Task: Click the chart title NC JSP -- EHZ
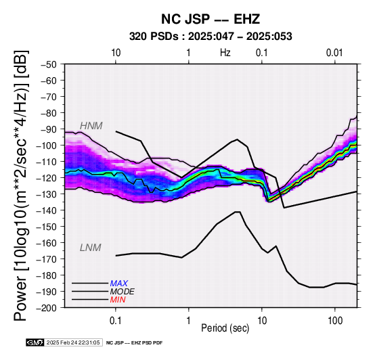[211, 19]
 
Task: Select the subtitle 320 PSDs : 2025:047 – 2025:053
[211, 37]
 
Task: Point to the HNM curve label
[91, 126]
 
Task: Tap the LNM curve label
[91, 248]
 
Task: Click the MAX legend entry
[119, 284]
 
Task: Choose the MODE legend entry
[123, 292]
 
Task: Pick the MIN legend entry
[118, 300]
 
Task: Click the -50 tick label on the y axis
[49, 64]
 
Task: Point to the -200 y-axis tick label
[47, 308]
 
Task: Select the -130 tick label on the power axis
[47, 194]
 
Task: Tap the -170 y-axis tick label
[47, 259]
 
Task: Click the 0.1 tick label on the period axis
[116, 321]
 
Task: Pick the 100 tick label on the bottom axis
[335, 321]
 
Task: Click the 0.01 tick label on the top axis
[334, 53]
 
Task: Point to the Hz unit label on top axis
[225, 53]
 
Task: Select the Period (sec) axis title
[225, 328]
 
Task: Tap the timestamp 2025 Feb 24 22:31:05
[73, 342]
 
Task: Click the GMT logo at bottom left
[35, 342]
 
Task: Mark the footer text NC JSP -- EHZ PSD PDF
[134, 343]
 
